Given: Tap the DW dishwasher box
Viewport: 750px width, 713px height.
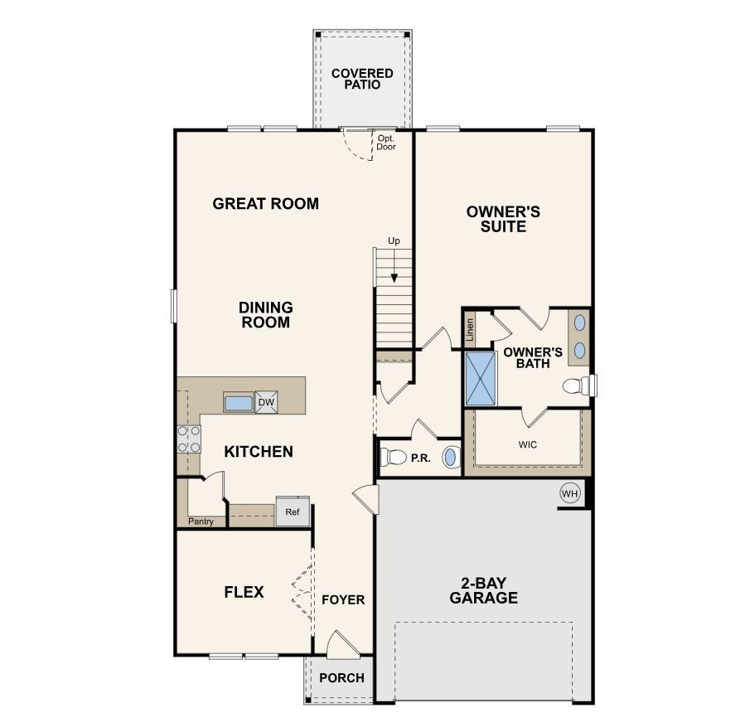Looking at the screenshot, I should (266, 402).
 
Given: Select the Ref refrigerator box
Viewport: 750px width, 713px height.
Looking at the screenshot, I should (293, 512).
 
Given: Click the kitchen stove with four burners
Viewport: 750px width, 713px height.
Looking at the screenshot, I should (189, 438).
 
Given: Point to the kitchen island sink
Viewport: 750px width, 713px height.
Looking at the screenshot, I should (238, 403).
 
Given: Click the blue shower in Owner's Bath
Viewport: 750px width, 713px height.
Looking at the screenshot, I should (480, 378).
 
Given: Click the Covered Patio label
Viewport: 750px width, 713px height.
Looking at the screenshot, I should (362, 79).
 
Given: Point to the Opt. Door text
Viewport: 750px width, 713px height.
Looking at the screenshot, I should (386, 143).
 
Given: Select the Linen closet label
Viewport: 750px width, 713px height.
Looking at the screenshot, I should (470, 330).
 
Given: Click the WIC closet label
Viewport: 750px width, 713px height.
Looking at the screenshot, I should (528, 444).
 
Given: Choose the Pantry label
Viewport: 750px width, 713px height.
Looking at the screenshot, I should (201, 521).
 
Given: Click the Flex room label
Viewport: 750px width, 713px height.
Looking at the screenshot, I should (244, 592).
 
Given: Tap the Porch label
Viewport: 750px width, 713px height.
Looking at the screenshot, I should (341, 677).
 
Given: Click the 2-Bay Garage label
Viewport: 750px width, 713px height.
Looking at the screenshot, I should (484, 589).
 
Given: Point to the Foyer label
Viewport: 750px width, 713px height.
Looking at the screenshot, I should (343, 599).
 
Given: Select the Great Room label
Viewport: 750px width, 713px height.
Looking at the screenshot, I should (265, 203).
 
